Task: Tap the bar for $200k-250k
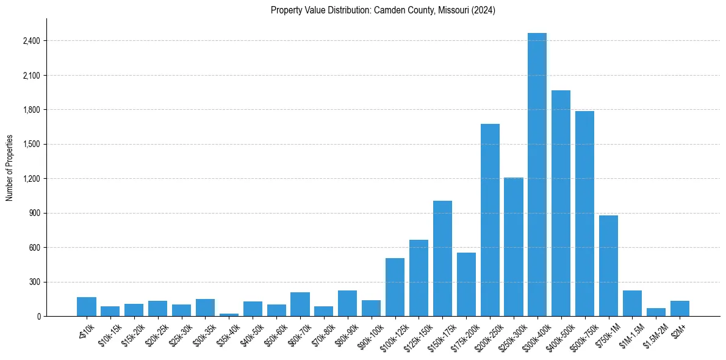pyautogui.click(x=490, y=220)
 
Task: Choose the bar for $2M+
pyautogui.click(x=680, y=309)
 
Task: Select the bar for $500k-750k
pyautogui.click(x=584, y=214)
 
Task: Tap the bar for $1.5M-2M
pyautogui.click(x=656, y=312)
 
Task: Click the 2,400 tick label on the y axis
pyautogui.click(x=31, y=41)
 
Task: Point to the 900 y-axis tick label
pyautogui.click(x=35, y=213)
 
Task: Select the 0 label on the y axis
pyautogui.click(x=38, y=316)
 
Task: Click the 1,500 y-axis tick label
pyautogui.click(x=31, y=144)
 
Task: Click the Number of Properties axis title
pyautogui.click(x=9, y=167)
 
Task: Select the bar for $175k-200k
pyautogui.click(x=466, y=284)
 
